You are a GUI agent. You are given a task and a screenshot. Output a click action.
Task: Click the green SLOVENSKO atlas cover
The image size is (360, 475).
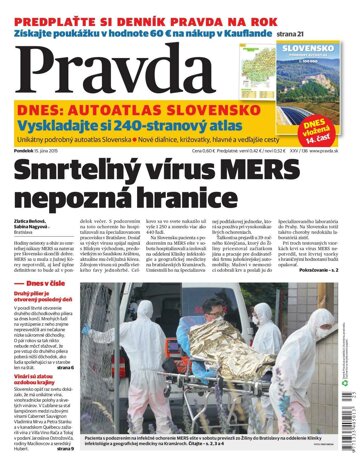click(318, 73)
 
